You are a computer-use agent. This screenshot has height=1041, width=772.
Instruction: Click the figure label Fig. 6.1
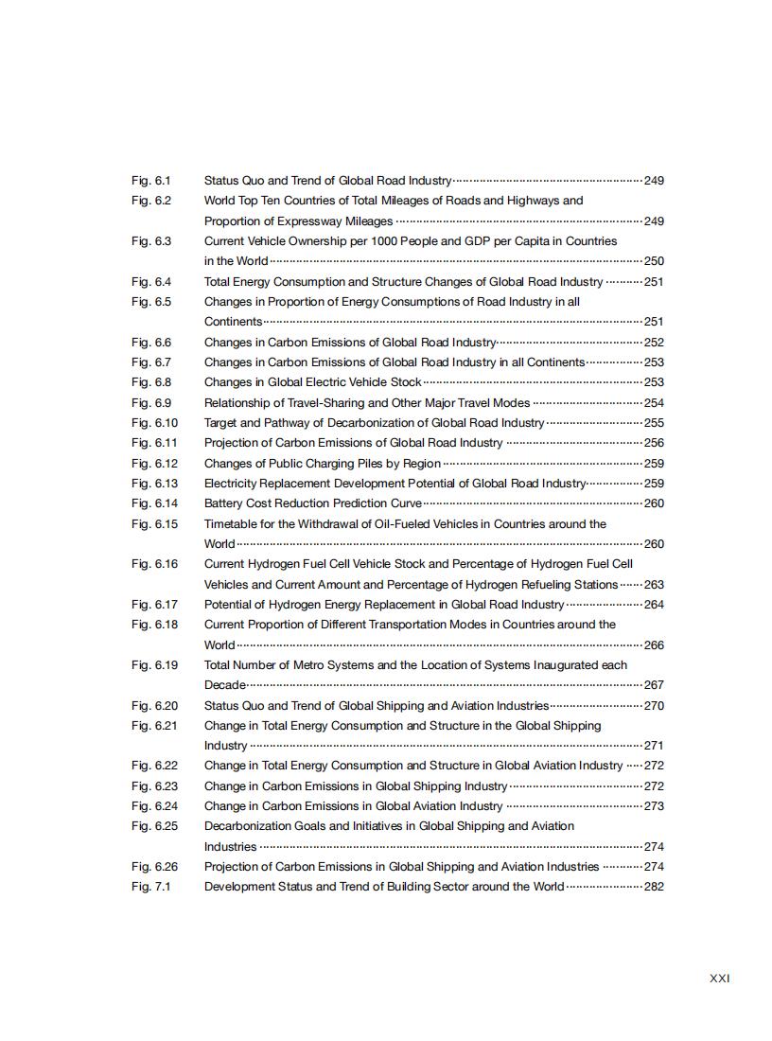point(151,180)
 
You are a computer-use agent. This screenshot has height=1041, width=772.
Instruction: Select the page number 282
point(654,887)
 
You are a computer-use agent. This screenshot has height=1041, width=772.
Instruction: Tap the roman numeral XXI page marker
point(719,979)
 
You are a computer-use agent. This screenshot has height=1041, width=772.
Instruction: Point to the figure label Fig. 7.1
point(151,887)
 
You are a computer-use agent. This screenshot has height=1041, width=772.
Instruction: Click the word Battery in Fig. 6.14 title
point(223,503)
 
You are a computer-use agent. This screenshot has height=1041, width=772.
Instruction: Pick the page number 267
point(654,685)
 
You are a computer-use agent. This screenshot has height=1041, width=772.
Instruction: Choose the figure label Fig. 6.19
point(154,665)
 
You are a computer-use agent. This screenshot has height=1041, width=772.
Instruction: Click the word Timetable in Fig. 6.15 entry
point(233,524)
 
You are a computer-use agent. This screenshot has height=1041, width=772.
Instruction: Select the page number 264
point(654,605)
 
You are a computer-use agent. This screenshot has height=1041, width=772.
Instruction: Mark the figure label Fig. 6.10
point(154,423)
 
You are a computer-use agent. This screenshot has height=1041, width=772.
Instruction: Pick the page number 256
point(654,443)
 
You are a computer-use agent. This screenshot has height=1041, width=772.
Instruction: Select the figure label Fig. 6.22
point(154,766)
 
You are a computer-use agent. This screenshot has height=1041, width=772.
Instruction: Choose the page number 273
point(654,806)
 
